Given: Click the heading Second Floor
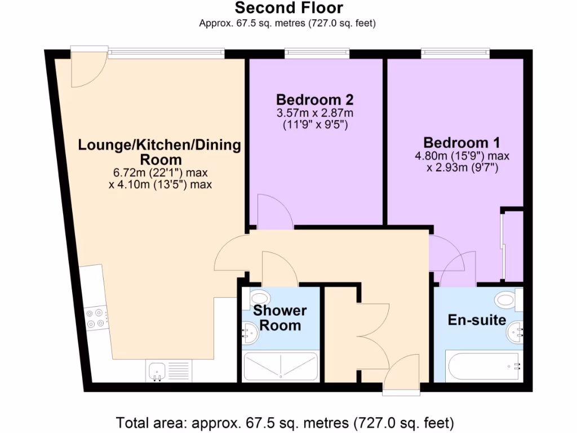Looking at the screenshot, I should coord(288,8).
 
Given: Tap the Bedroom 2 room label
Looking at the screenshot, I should coord(314,100).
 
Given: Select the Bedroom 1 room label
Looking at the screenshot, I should coord(461,142).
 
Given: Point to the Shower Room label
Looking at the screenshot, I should coord(279,318).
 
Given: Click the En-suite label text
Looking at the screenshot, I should coord(477,320).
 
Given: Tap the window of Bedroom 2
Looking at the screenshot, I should coord(317,54).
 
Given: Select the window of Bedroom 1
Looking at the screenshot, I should coord(455,54).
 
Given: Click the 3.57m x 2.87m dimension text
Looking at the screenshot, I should coord(314,113).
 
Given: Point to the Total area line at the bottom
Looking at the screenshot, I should coord(285,422).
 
